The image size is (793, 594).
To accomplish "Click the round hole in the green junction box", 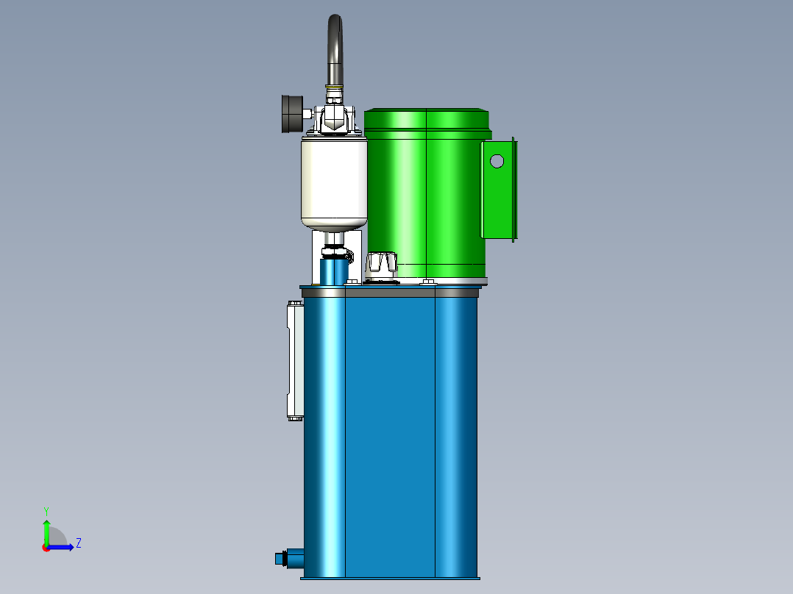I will coord(497,160).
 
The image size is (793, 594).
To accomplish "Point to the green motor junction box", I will coord(499,190).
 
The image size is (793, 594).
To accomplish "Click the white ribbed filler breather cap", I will coord(383,262).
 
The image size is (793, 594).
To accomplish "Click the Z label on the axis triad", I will coord(79,543).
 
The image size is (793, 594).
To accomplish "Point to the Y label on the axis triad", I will coord(46,510).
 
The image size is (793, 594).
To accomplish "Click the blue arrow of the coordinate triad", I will coord(63,547).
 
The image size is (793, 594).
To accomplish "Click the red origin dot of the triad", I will coord(46,548).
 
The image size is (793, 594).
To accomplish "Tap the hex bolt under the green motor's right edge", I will coord(428,281).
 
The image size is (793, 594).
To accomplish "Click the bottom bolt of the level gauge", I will coord(295,418).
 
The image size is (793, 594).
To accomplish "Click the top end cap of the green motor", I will coord(427,119).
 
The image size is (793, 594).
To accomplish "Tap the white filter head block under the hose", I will coord(335,120).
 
